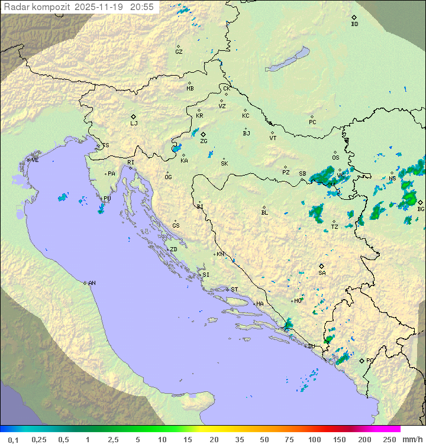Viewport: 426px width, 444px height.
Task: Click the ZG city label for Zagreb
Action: coord(204,141)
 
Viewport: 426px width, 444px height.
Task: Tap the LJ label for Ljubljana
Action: coord(134,124)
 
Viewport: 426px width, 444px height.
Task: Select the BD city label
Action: coord(354,24)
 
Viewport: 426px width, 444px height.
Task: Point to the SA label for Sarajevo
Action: coord(322,273)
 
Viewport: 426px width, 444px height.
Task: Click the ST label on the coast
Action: coord(234,290)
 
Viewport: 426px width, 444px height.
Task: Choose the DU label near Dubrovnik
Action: coord(311,346)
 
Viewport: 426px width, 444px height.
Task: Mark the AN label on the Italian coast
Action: coord(92,283)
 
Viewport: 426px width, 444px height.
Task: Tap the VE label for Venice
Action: coord(35,160)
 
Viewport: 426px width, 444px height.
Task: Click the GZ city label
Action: coord(179,52)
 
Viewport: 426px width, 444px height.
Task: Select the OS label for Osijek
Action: coord(335,158)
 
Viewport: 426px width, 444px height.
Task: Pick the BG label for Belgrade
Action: coord(421,209)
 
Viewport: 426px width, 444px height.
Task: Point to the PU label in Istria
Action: coord(107,199)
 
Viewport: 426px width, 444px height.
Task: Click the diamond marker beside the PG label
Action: coord(362,360)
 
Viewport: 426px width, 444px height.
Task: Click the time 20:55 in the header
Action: coord(143,7)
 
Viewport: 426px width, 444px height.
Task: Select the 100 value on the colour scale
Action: coord(314,439)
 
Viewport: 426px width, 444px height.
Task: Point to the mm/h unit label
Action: coord(411,439)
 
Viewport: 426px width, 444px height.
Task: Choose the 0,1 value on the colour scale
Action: coord(14,439)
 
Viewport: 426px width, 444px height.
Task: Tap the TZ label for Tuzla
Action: coord(335,226)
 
